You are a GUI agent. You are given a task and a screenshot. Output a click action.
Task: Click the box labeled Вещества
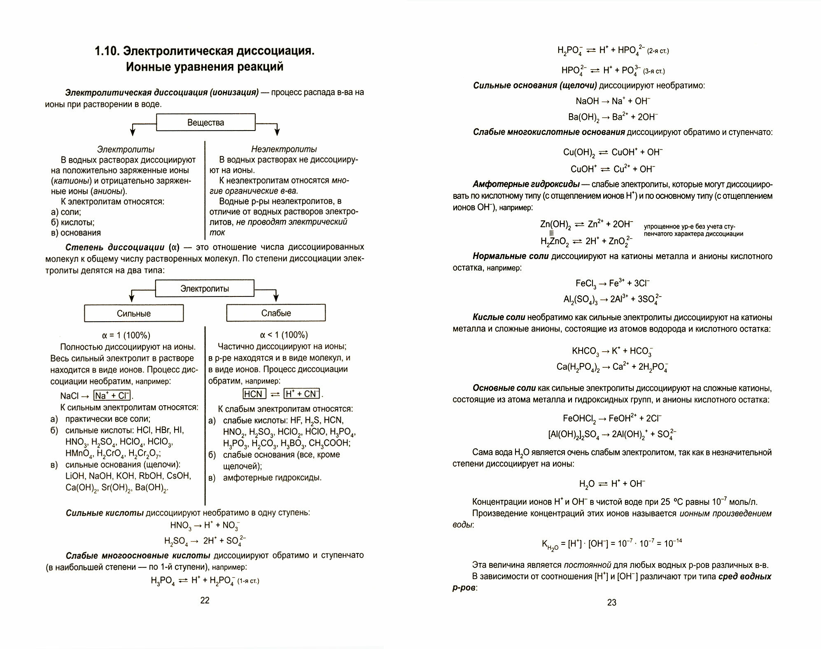pos(205,122)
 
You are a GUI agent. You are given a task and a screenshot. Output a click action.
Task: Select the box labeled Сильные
pos(134,313)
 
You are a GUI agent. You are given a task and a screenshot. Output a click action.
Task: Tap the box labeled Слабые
pos(276,313)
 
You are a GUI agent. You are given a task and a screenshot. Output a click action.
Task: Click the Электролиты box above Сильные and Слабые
pos(205,289)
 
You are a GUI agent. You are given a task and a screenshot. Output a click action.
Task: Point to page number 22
pos(205,600)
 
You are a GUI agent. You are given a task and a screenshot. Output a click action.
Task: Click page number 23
pos(612,602)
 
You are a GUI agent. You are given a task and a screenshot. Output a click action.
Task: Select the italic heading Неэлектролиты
pos(284,149)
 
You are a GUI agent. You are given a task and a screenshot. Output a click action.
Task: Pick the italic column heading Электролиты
pos(126,149)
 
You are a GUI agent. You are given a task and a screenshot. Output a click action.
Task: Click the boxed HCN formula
pos(254,394)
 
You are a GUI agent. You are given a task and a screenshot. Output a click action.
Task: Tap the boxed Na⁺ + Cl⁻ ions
pos(112,396)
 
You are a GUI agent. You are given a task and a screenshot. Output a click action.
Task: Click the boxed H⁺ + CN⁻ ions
pos(302,394)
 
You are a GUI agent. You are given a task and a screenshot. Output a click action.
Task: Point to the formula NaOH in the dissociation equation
pos(587,101)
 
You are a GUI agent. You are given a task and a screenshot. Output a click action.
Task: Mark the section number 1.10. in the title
pos(107,51)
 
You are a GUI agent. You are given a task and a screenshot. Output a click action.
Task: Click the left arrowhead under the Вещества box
pos(133,131)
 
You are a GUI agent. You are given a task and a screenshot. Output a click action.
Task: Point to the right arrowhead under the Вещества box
pos(277,131)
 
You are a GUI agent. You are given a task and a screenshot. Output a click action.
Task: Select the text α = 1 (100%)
pos(126,335)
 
